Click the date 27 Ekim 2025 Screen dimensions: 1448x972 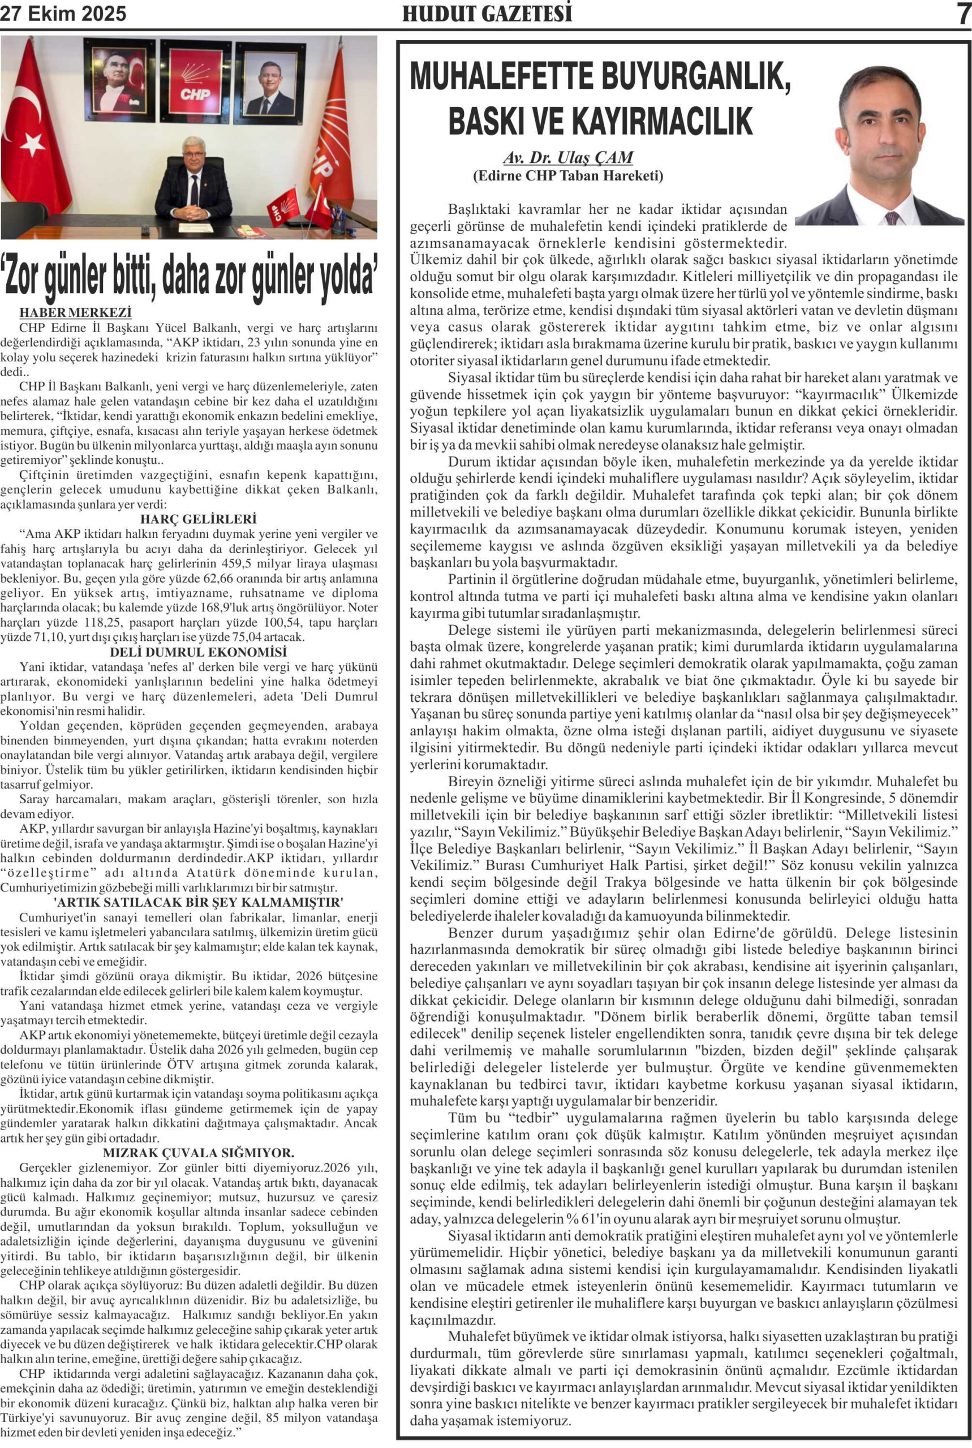(x=63, y=14)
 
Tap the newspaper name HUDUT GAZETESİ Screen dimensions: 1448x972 (x=487, y=14)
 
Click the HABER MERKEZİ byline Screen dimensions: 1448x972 (x=75, y=313)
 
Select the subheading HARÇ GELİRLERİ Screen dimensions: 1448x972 (x=199, y=519)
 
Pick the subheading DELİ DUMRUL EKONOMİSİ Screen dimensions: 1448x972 (x=199, y=652)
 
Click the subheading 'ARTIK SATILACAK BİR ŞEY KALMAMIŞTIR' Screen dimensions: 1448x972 (x=199, y=903)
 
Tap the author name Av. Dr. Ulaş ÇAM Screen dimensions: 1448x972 (x=568, y=158)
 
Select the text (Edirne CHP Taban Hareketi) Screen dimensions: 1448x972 (x=568, y=176)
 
